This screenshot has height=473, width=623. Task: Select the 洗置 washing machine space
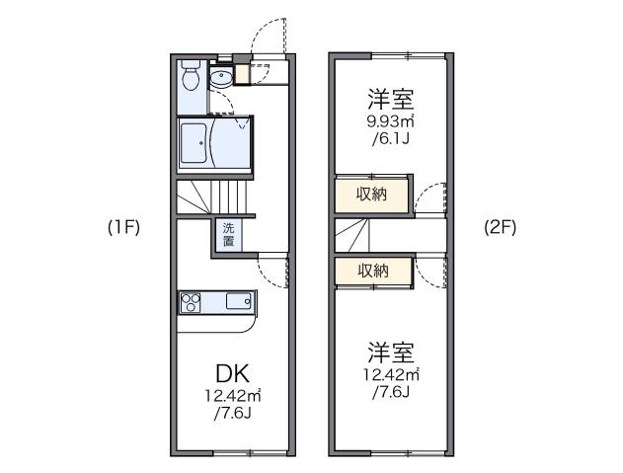click(228, 234)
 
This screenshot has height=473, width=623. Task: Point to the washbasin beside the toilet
click(220, 78)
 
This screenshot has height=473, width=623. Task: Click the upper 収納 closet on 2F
click(371, 194)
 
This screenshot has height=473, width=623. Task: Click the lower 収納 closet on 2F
click(371, 270)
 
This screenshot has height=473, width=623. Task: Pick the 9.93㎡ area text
click(391, 121)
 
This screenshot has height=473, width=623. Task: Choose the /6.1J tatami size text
click(391, 139)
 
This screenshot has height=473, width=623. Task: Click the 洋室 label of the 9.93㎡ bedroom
click(391, 98)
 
